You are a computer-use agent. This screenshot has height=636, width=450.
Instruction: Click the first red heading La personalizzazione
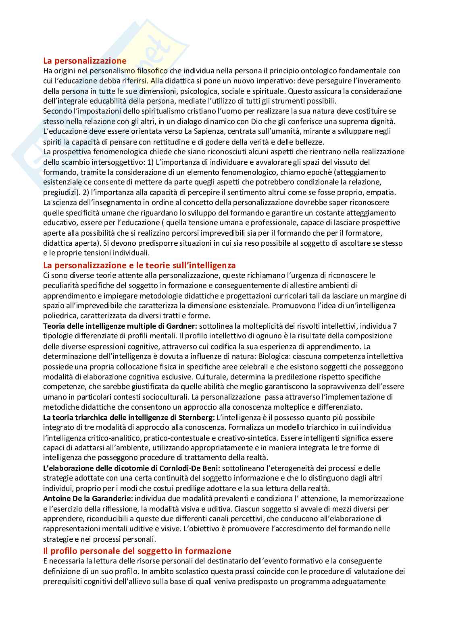(85, 61)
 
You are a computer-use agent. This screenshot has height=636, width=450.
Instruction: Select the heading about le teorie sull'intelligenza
(139, 265)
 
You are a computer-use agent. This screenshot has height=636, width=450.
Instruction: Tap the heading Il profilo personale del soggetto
(137, 551)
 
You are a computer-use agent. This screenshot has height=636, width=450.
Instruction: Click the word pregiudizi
(59, 193)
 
